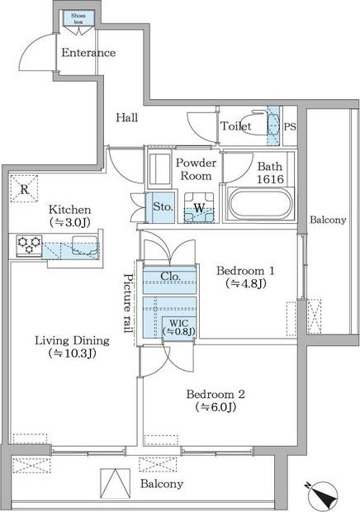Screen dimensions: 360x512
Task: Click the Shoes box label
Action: (78, 19)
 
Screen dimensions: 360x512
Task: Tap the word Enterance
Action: (88, 53)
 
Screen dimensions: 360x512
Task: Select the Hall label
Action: (127, 117)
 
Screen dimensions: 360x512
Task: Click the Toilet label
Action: (236, 126)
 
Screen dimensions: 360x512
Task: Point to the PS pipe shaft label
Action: (290, 126)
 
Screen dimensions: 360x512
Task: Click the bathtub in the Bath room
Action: (260, 204)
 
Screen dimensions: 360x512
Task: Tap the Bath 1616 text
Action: (270, 173)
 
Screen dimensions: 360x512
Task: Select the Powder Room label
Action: (196, 169)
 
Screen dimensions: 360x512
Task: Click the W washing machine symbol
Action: (199, 208)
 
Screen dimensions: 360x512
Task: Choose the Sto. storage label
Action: (163, 206)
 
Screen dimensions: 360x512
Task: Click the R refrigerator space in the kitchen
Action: (25, 189)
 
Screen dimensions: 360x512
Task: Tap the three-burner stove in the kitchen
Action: (30, 245)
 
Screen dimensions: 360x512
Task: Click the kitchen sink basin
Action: (85, 245)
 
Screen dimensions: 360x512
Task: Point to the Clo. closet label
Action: (170, 277)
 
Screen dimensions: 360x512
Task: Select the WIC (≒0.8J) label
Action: (179, 328)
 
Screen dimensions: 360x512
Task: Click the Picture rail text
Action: (128, 303)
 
